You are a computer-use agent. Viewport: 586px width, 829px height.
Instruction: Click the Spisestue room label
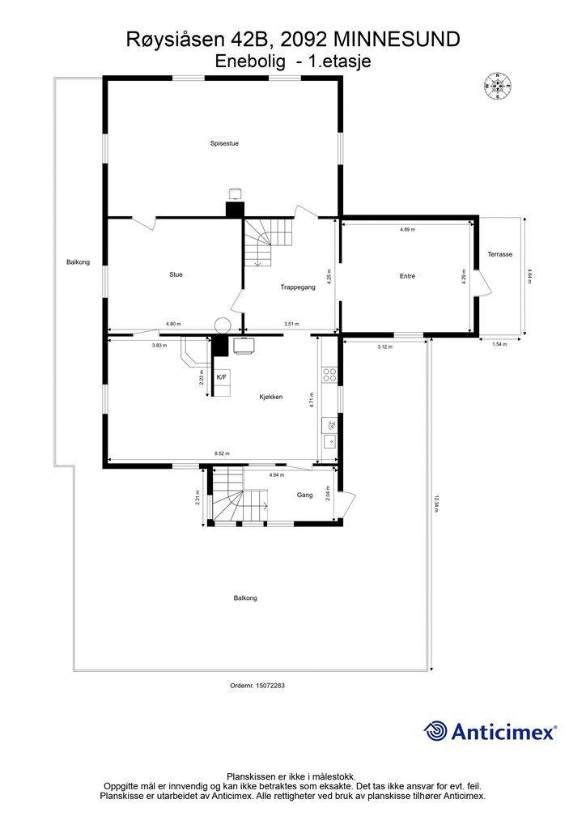pos(224,143)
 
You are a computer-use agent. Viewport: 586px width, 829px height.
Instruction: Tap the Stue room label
pos(176,274)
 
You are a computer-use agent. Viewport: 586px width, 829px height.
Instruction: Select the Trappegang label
pos(298,287)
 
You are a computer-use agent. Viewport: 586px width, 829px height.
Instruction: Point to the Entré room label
pos(407,276)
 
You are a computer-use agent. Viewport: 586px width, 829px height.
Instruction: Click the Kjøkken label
pos(270,397)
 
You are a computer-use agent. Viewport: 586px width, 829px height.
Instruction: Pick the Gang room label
pos(304,495)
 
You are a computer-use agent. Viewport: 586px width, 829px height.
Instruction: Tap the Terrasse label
pos(500,254)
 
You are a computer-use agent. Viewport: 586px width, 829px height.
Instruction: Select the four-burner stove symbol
pos(329,375)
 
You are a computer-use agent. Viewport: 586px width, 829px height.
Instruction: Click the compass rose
pos(497,86)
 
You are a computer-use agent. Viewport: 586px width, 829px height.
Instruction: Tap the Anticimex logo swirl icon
pos(435,731)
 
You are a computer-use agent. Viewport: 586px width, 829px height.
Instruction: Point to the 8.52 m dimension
pos(222,453)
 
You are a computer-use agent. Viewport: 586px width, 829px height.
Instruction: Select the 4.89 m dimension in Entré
pos(407,229)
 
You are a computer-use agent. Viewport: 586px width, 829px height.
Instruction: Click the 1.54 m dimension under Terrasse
pos(499,344)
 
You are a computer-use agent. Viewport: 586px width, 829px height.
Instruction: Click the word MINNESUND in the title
pos(398,40)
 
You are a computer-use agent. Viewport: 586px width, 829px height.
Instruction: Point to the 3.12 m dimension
pos(384,346)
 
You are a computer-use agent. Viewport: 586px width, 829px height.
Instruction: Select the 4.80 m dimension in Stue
pos(173,324)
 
